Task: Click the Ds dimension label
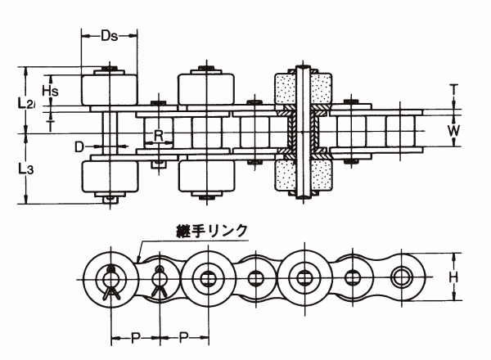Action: coord(110,36)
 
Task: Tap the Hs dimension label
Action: coord(49,90)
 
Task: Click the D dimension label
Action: coord(79,147)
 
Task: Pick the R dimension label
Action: coord(159,133)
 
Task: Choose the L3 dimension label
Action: coord(25,170)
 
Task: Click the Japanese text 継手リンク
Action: coord(212,231)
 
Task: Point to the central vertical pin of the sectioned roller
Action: coord(304,131)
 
